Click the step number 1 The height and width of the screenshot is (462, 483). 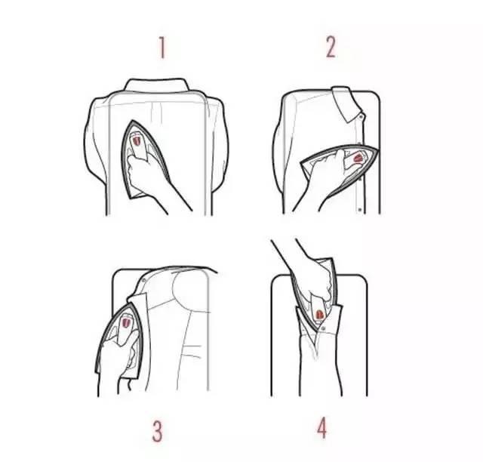[162, 48]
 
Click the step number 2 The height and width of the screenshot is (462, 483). [331, 47]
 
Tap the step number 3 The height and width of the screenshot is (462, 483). [157, 431]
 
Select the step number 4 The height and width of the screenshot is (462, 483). [321, 427]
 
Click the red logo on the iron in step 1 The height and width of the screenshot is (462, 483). [137, 141]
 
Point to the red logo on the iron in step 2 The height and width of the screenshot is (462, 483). [358, 159]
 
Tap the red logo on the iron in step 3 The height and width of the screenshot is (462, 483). [126, 322]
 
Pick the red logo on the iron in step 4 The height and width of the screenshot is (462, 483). [318, 315]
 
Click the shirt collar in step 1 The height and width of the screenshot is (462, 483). [156, 85]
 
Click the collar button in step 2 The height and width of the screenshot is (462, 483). [361, 116]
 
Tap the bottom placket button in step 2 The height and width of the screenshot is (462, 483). [360, 210]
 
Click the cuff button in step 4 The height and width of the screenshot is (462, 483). [323, 329]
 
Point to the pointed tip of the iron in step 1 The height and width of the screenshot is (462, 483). [133, 121]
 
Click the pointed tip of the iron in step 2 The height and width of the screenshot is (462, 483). [377, 149]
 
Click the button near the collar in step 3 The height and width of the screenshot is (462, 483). [144, 281]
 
